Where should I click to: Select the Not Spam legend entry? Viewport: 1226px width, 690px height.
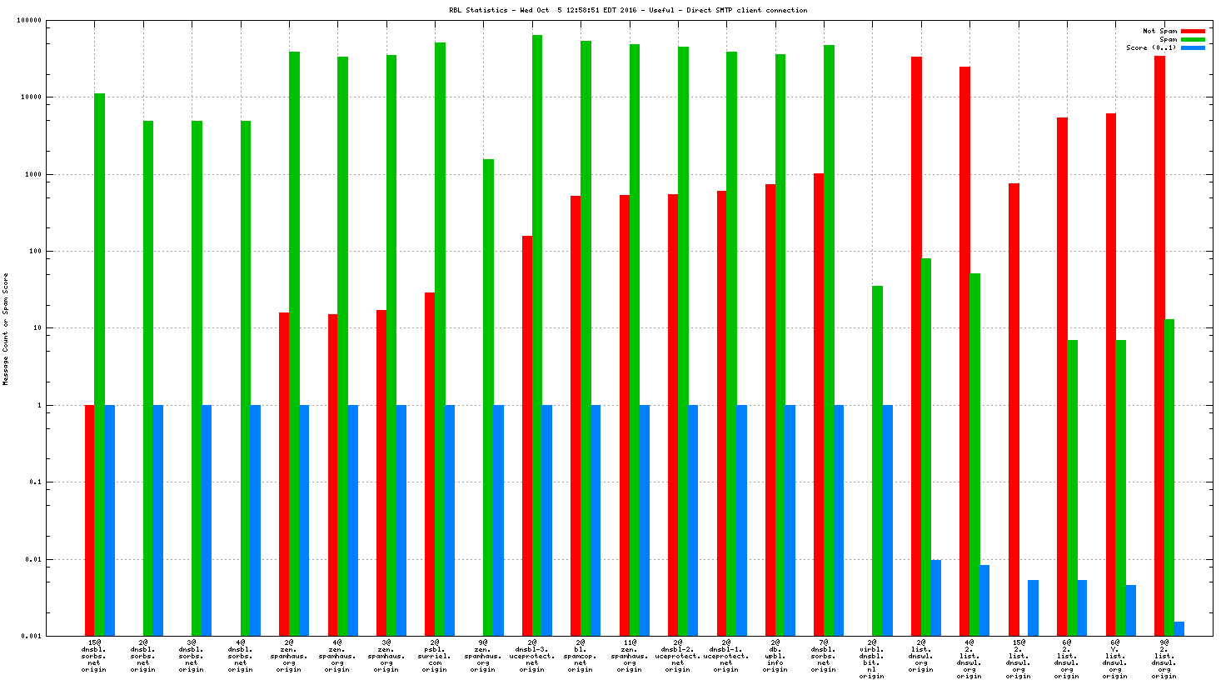point(1159,31)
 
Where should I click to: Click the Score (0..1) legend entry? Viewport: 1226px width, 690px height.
point(1151,47)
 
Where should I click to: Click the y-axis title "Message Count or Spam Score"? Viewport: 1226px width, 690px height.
point(6,329)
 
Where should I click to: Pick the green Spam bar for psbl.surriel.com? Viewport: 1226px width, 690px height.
point(440,333)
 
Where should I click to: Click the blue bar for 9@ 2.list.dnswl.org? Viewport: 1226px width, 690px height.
point(1179,628)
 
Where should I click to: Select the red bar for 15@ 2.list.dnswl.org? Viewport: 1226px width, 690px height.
point(1014,408)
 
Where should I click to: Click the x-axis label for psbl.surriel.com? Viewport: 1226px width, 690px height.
point(434,656)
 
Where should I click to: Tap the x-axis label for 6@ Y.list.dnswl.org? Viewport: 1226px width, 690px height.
point(1114,656)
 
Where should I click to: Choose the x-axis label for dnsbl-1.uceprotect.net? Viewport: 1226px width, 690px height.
point(725,656)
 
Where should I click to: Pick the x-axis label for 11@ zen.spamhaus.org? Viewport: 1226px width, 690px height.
point(629,656)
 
